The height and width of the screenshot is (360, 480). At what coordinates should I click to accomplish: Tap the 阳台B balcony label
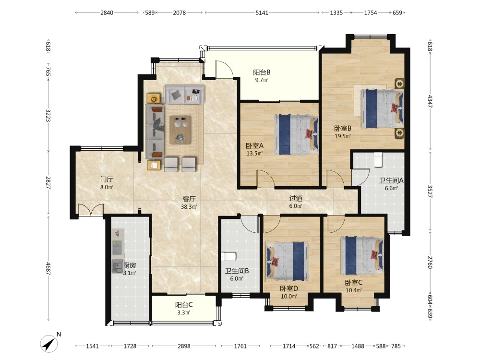pos(262,72)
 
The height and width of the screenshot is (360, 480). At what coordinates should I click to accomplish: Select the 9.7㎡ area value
pos(262,80)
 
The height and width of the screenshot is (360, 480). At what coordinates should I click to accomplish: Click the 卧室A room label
pos(254,146)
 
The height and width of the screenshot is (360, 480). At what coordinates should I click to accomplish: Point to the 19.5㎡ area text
pos(343,136)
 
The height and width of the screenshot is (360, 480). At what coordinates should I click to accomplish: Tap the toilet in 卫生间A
pos(378,159)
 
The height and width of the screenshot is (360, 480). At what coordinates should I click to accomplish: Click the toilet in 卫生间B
pos(228,256)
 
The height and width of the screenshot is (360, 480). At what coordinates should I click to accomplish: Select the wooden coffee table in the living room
pos(180,130)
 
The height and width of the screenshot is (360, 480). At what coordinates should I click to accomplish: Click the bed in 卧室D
pos(287,261)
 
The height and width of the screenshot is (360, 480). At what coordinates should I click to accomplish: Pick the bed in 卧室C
pos(362,256)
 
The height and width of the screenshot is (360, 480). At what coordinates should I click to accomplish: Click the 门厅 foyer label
pos(107,180)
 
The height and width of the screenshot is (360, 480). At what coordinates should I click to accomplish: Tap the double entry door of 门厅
pos(90,210)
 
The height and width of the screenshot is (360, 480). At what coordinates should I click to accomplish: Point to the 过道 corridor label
pos(296,198)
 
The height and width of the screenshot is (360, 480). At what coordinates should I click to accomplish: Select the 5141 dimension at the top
pos(262,12)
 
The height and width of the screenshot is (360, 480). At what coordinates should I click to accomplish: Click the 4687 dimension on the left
pos(48,268)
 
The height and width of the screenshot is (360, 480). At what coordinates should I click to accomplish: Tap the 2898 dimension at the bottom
pos(184,346)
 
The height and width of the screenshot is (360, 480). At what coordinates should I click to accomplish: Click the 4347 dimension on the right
pos(430,101)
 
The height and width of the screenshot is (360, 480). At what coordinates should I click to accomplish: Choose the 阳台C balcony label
pos(184,305)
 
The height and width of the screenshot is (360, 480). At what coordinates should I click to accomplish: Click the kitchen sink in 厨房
pos(117,266)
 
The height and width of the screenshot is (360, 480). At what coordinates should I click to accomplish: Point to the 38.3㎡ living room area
pos(189,206)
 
